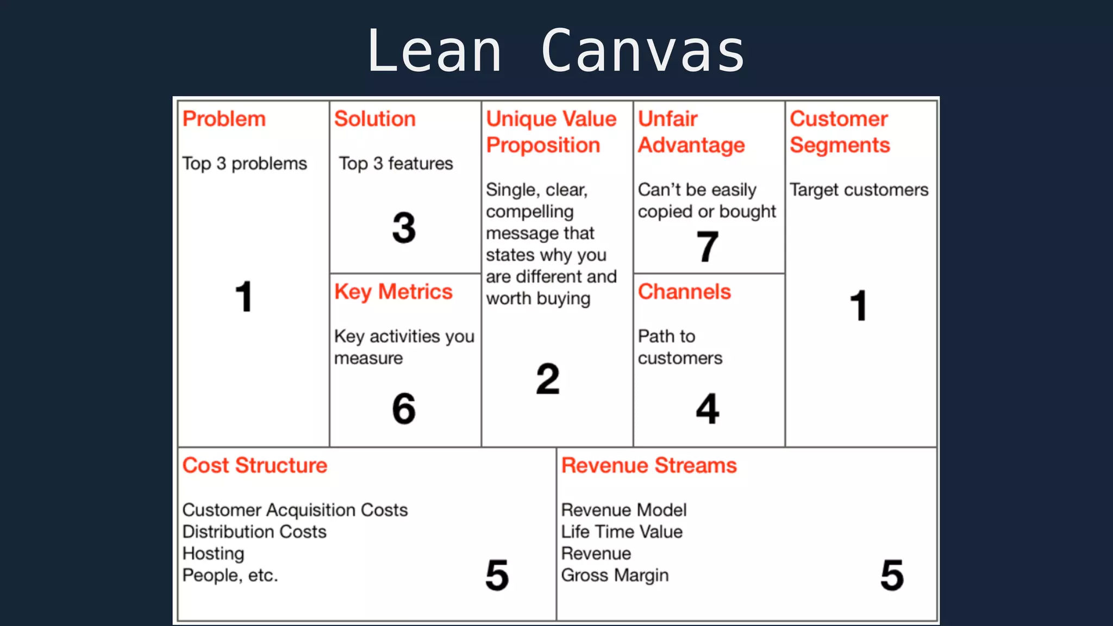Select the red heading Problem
[x=224, y=119]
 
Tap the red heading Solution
[x=375, y=119]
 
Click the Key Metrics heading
[x=393, y=292]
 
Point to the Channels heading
[x=684, y=292]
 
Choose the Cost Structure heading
[x=255, y=466]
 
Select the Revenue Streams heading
[x=649, y=466]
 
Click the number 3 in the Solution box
[x=404, y=228]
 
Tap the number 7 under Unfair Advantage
[x=708, y=246]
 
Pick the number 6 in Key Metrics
[x=404, y=409]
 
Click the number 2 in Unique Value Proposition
[x=548, y=379]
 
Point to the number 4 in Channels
[x=708, y=409]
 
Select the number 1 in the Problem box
[x=244, y=297]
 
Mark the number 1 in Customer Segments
[x=859, y=305]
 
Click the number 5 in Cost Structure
[x=497, y=575]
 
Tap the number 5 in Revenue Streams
[x=892, y=575]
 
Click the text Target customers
[x=859, y=190]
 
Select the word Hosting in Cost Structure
[x=213, y=553]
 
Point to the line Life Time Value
[x=622, y=531]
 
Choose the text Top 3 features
[x=396, y=164]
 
